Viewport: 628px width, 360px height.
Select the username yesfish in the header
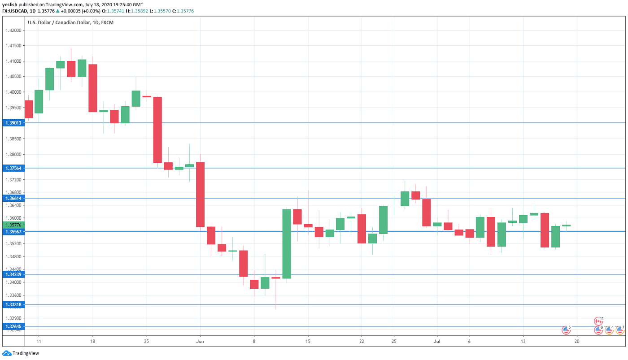pos(10,4)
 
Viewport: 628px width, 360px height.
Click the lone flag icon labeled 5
pos(566,330)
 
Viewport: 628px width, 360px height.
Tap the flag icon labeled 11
pos(598,321)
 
